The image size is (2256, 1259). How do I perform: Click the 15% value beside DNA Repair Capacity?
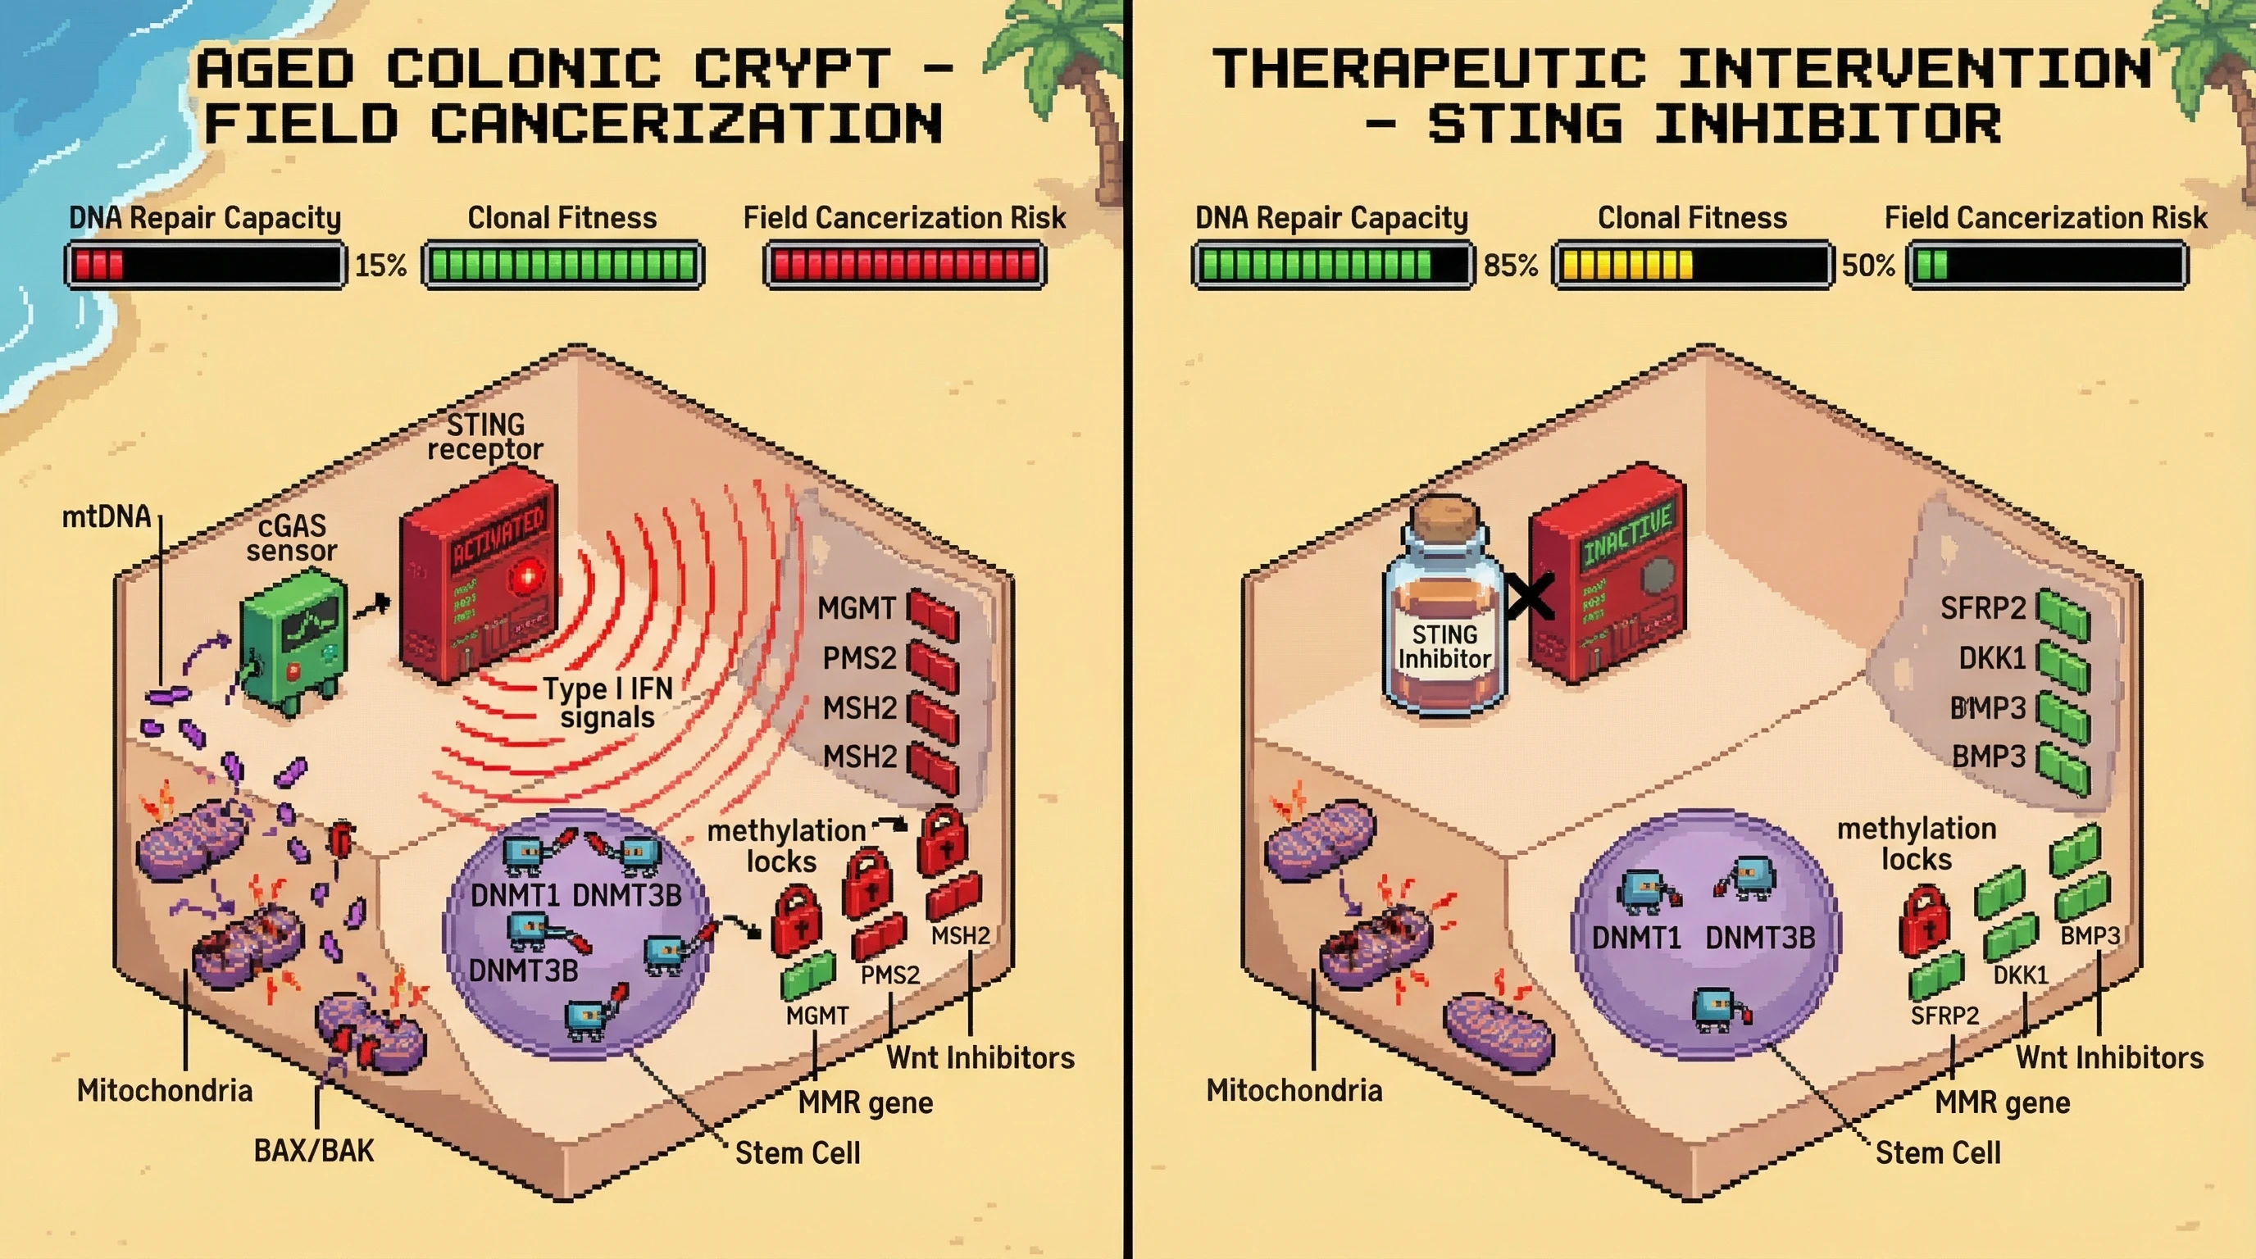pyautogui.click(x=380, y=265)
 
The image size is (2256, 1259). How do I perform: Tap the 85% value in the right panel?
pyautogui.click(x=1510, y=265)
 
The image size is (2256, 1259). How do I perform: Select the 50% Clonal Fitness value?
pyautogui.click(x=1868, y=265)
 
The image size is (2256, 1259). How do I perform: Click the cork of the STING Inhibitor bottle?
pyautogui.click(x=1444, y=516)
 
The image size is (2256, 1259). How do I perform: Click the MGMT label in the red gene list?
pyautogui.click(x=857, y=607)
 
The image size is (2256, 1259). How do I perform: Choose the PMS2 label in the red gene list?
pyautogui.click(x=859, y=657)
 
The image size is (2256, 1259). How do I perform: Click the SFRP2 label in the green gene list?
pyautogui.click(x=1983, y=607)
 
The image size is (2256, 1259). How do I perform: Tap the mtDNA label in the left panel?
pyautogui.click(x=106, y=516)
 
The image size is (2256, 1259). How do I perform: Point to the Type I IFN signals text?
pyautogui.click(x=607, y=702)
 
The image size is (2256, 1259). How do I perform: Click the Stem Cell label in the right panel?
pyautogui.click(x=1937, y=1152)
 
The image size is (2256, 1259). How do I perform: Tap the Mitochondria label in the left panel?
pyautogui.click(x=165, y=1090)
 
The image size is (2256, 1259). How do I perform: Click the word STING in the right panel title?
pyautogui.click(x=1525, y=125)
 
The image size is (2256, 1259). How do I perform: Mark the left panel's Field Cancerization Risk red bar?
pyautogui.click(x=905, y=265)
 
